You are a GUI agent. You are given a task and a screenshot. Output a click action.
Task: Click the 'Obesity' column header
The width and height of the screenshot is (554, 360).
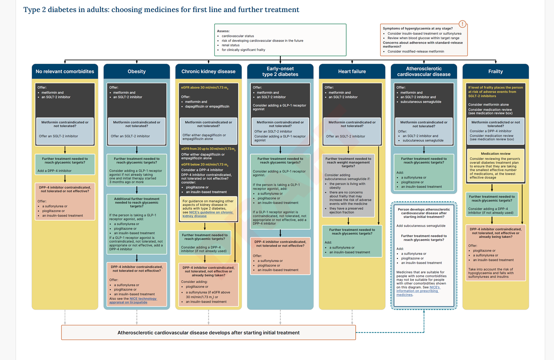tap(137, 71)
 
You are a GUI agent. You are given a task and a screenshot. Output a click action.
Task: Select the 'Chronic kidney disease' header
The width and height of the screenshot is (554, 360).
tap(208, 71)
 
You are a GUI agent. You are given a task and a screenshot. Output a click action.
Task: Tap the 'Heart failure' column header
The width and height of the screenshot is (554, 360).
tap(352, 71)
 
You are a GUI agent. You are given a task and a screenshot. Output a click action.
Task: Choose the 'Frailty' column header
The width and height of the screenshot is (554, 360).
tap(495, 71)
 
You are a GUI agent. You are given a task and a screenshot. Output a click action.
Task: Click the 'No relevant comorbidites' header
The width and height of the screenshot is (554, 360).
tap(65, 71)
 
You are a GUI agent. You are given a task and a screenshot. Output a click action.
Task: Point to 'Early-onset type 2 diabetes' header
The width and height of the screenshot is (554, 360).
tap(280, 71)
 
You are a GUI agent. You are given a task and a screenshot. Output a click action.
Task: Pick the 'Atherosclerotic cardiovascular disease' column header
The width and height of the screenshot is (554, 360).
tap(424, 71)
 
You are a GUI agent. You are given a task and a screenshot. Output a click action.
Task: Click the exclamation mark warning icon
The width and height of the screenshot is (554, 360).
tap(462, 24)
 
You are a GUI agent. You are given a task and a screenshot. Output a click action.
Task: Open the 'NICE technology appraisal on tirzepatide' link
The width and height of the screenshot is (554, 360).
tap(133, 300)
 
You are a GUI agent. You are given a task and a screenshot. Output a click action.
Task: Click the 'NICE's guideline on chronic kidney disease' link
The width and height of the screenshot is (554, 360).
tap(207, 214)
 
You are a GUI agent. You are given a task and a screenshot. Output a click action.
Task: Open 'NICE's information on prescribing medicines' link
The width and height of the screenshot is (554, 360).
tap(417, 291)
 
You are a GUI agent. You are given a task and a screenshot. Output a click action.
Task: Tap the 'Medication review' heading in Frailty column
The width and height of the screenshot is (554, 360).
tap(495, 153)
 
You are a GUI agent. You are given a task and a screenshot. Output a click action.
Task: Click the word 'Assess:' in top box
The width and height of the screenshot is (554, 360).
tap(223, 31)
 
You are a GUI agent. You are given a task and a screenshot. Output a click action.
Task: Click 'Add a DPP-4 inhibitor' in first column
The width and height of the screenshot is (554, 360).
tap(55, 171)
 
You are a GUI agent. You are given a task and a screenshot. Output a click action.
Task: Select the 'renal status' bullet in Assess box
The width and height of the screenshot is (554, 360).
tap(230, 45)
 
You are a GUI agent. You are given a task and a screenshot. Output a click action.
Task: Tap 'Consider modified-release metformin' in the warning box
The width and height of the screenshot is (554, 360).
tap(416, 51)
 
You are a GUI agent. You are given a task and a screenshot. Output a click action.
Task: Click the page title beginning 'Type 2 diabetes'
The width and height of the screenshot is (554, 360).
tap(161, 10)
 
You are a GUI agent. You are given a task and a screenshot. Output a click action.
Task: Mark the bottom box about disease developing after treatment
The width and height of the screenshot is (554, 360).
tap(208, 333)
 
